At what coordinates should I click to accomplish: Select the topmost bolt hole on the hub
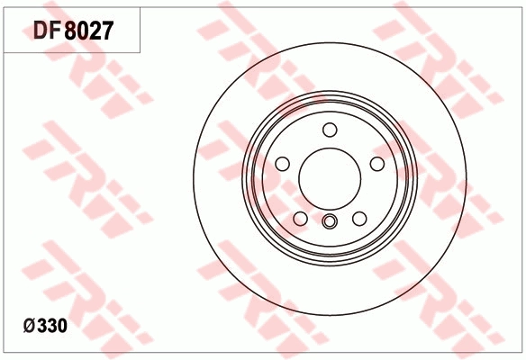329,129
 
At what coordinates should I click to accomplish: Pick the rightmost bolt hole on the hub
376,163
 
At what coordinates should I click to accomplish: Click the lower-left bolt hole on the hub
299,219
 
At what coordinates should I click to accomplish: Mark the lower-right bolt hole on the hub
358,219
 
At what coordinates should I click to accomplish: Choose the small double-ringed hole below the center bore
329,223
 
